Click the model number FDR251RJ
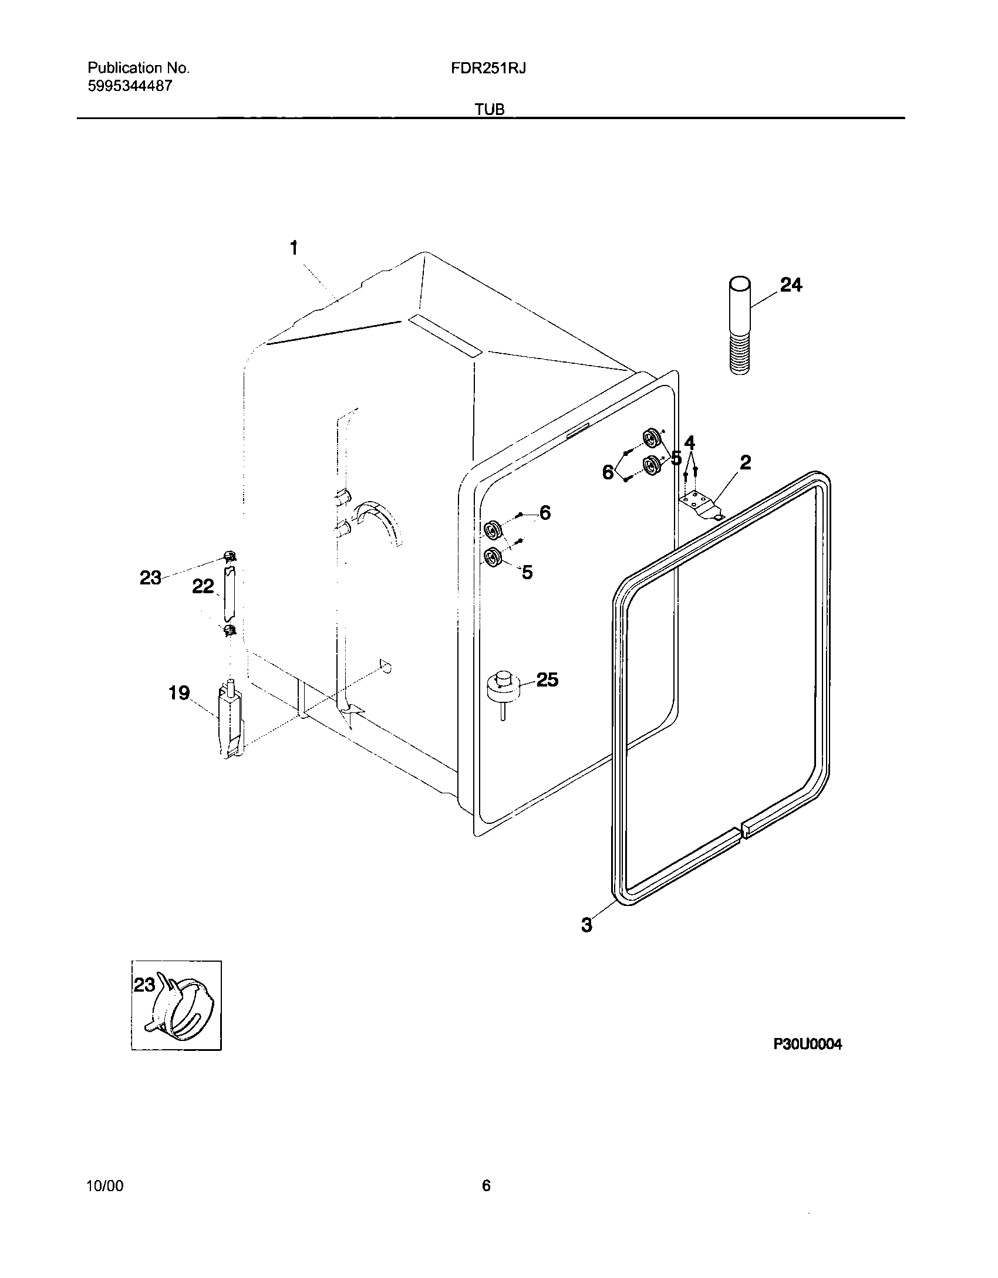(x=488, y=68)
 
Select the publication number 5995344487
(x=130, y=86)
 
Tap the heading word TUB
(x=491, y=110)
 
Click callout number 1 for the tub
(x=294, y=249)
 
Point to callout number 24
(x=790, y=285)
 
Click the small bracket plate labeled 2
(x=700, y=504)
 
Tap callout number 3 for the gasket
(x=586, y=925)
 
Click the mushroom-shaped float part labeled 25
(x=503, y=687)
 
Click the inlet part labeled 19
(x=230, y=721)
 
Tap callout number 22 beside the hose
(x=203, y=586)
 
